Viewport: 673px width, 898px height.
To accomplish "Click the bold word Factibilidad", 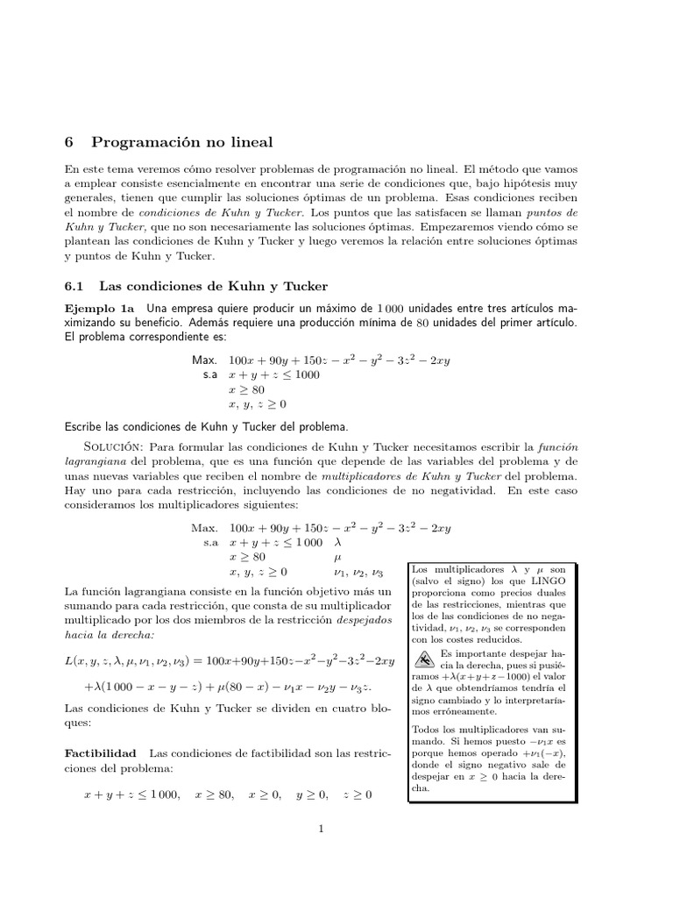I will [x=101, y=753].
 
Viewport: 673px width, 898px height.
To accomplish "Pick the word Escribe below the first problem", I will [x=86, y=426].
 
